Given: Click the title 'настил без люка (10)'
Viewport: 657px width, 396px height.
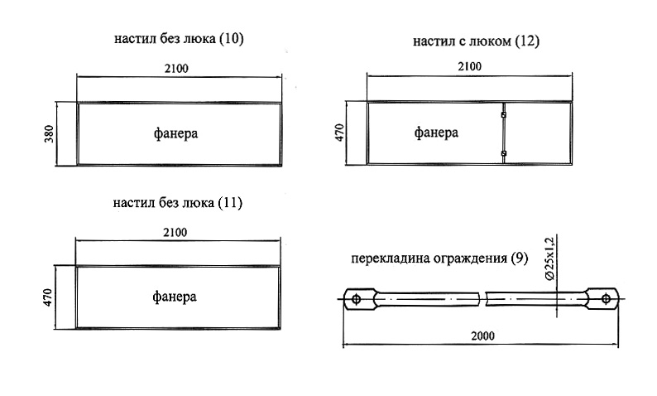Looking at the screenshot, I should coord(179,39).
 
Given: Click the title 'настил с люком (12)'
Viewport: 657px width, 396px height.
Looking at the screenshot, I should coord(475,41).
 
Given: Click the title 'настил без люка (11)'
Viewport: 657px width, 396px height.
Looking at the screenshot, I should coord(179,202).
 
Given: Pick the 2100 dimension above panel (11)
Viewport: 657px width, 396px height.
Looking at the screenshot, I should coord(176,231).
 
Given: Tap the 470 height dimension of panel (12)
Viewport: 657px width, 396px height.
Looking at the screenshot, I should coord(339,134).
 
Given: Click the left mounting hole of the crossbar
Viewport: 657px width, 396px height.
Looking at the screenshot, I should coord(356,298).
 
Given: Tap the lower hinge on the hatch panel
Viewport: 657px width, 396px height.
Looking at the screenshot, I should coord(504,153).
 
